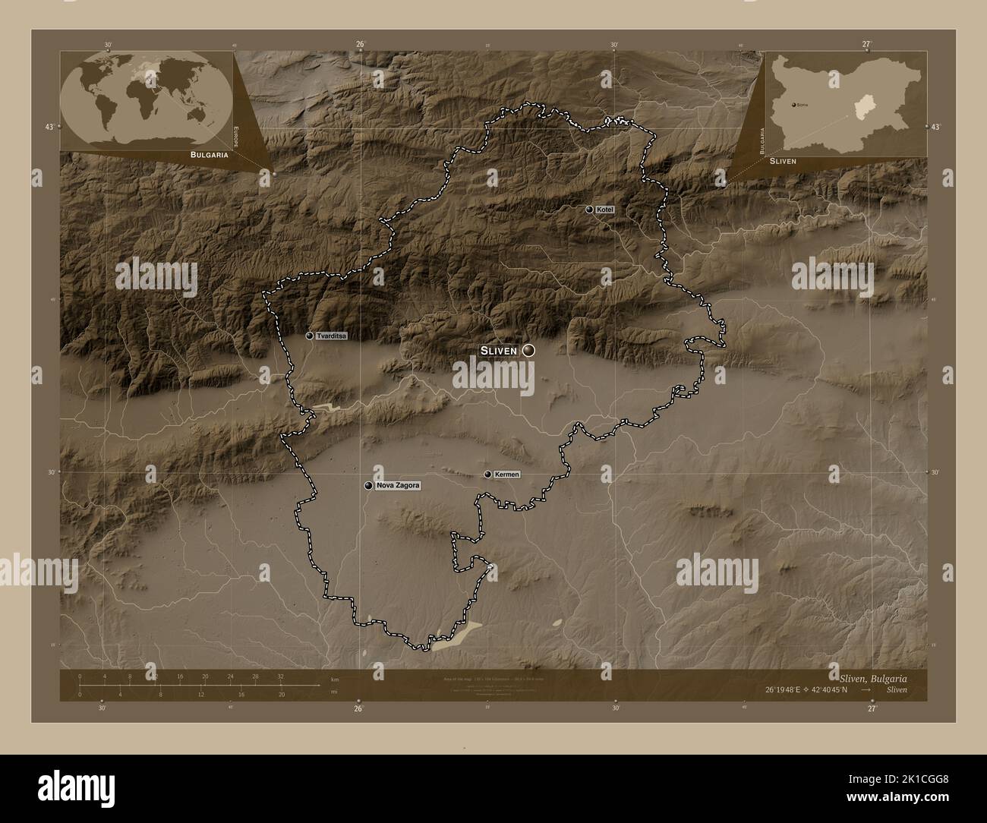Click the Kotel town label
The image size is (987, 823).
coord(605,209)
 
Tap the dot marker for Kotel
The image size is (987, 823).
coord(590,209)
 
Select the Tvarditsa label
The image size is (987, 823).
coord(332,336)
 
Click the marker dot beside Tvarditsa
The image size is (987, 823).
coord(310,336)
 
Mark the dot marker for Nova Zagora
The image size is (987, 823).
coord(369,485)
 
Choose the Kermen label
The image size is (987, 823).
coord(506,475)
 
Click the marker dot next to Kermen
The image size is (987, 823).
coord(488,475)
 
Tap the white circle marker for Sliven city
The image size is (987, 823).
coord(528,350)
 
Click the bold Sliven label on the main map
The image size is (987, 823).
coord(498,350)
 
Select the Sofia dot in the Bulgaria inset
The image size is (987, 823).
coord(793,104)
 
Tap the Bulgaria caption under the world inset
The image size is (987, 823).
coord(200,154)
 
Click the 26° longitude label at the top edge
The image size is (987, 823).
coord(360,44)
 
